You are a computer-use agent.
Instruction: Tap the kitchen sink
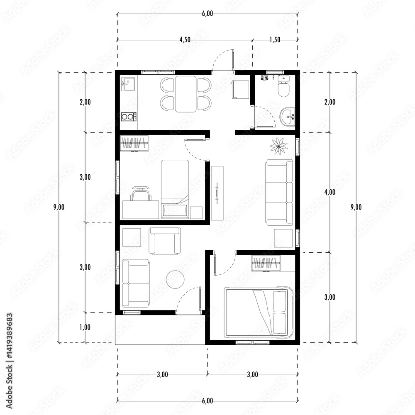(x=128, y=84)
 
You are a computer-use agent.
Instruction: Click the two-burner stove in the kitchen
(x=129, y=117)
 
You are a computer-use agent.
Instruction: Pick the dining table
(x=186, y=94)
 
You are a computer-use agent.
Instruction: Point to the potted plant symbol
(x=278, y=146)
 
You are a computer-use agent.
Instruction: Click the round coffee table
(x=175, y=279)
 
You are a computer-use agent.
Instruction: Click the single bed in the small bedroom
(x=175, y=189)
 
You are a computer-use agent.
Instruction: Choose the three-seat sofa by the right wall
(x=279, y=193)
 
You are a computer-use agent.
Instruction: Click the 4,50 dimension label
(x=185, y=40)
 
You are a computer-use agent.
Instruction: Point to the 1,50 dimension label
(x=275, y=40)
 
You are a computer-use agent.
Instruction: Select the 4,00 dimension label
(x=330, y=192)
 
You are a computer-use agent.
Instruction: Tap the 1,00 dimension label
(x=85, y=327)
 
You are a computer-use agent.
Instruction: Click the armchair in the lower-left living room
(x=165, y=241)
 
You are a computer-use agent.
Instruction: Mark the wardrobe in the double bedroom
(x=266, y=263)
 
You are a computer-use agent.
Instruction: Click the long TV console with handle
(x=217, y=193)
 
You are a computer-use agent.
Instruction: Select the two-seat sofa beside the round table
(x=136, y=283)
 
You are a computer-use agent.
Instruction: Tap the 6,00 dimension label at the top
(x=207, y=14)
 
